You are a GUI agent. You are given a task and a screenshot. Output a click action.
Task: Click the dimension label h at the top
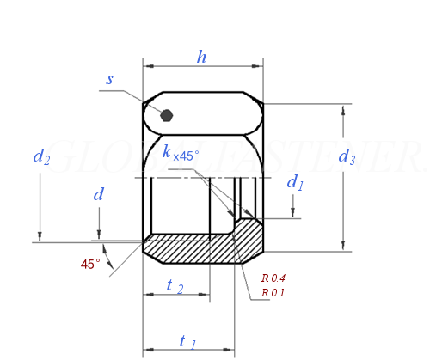coord(201,57)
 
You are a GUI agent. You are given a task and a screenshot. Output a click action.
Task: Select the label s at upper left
coord(110,79)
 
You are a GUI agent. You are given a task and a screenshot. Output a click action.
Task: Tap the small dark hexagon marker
coord(167,115)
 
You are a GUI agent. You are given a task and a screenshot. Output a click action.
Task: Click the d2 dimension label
coord(41,156)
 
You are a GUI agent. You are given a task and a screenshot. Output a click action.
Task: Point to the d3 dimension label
coord(347,156)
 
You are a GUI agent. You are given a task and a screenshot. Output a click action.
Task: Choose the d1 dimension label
coord(295,182)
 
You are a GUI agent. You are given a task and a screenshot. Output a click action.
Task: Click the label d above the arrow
coord(98,195)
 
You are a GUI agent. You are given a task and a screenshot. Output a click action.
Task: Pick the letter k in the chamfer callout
coord(166,152)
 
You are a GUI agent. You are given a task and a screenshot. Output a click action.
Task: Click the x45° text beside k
coord(186,156)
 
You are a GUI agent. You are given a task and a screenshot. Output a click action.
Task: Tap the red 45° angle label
coord(90,265)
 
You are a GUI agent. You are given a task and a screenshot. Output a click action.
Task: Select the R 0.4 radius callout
coord(273,278)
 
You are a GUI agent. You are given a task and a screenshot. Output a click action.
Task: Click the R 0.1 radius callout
coord(273,293)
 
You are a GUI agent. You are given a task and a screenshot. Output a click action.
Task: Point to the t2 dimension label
coord(175,286)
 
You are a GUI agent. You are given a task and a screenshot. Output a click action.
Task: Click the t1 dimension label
coord(187,341)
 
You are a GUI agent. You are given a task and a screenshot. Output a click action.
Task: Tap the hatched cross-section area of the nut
coord(198,249)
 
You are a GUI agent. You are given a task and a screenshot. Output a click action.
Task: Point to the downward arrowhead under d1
coord(294,213)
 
